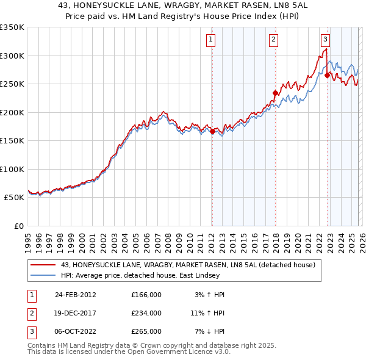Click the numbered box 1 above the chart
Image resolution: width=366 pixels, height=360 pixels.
210,40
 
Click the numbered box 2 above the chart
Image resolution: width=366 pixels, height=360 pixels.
273,40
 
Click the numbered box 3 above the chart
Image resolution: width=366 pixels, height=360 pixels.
325,40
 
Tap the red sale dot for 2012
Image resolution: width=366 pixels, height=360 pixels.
212,131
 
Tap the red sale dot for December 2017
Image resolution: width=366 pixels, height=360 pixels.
275,93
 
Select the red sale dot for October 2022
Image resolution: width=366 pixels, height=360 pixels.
328,75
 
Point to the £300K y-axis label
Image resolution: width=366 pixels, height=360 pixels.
12,56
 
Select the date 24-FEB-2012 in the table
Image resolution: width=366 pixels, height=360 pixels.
76,295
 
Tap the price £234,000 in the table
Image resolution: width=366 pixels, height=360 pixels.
146,313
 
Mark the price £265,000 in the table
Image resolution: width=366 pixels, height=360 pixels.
146,331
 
